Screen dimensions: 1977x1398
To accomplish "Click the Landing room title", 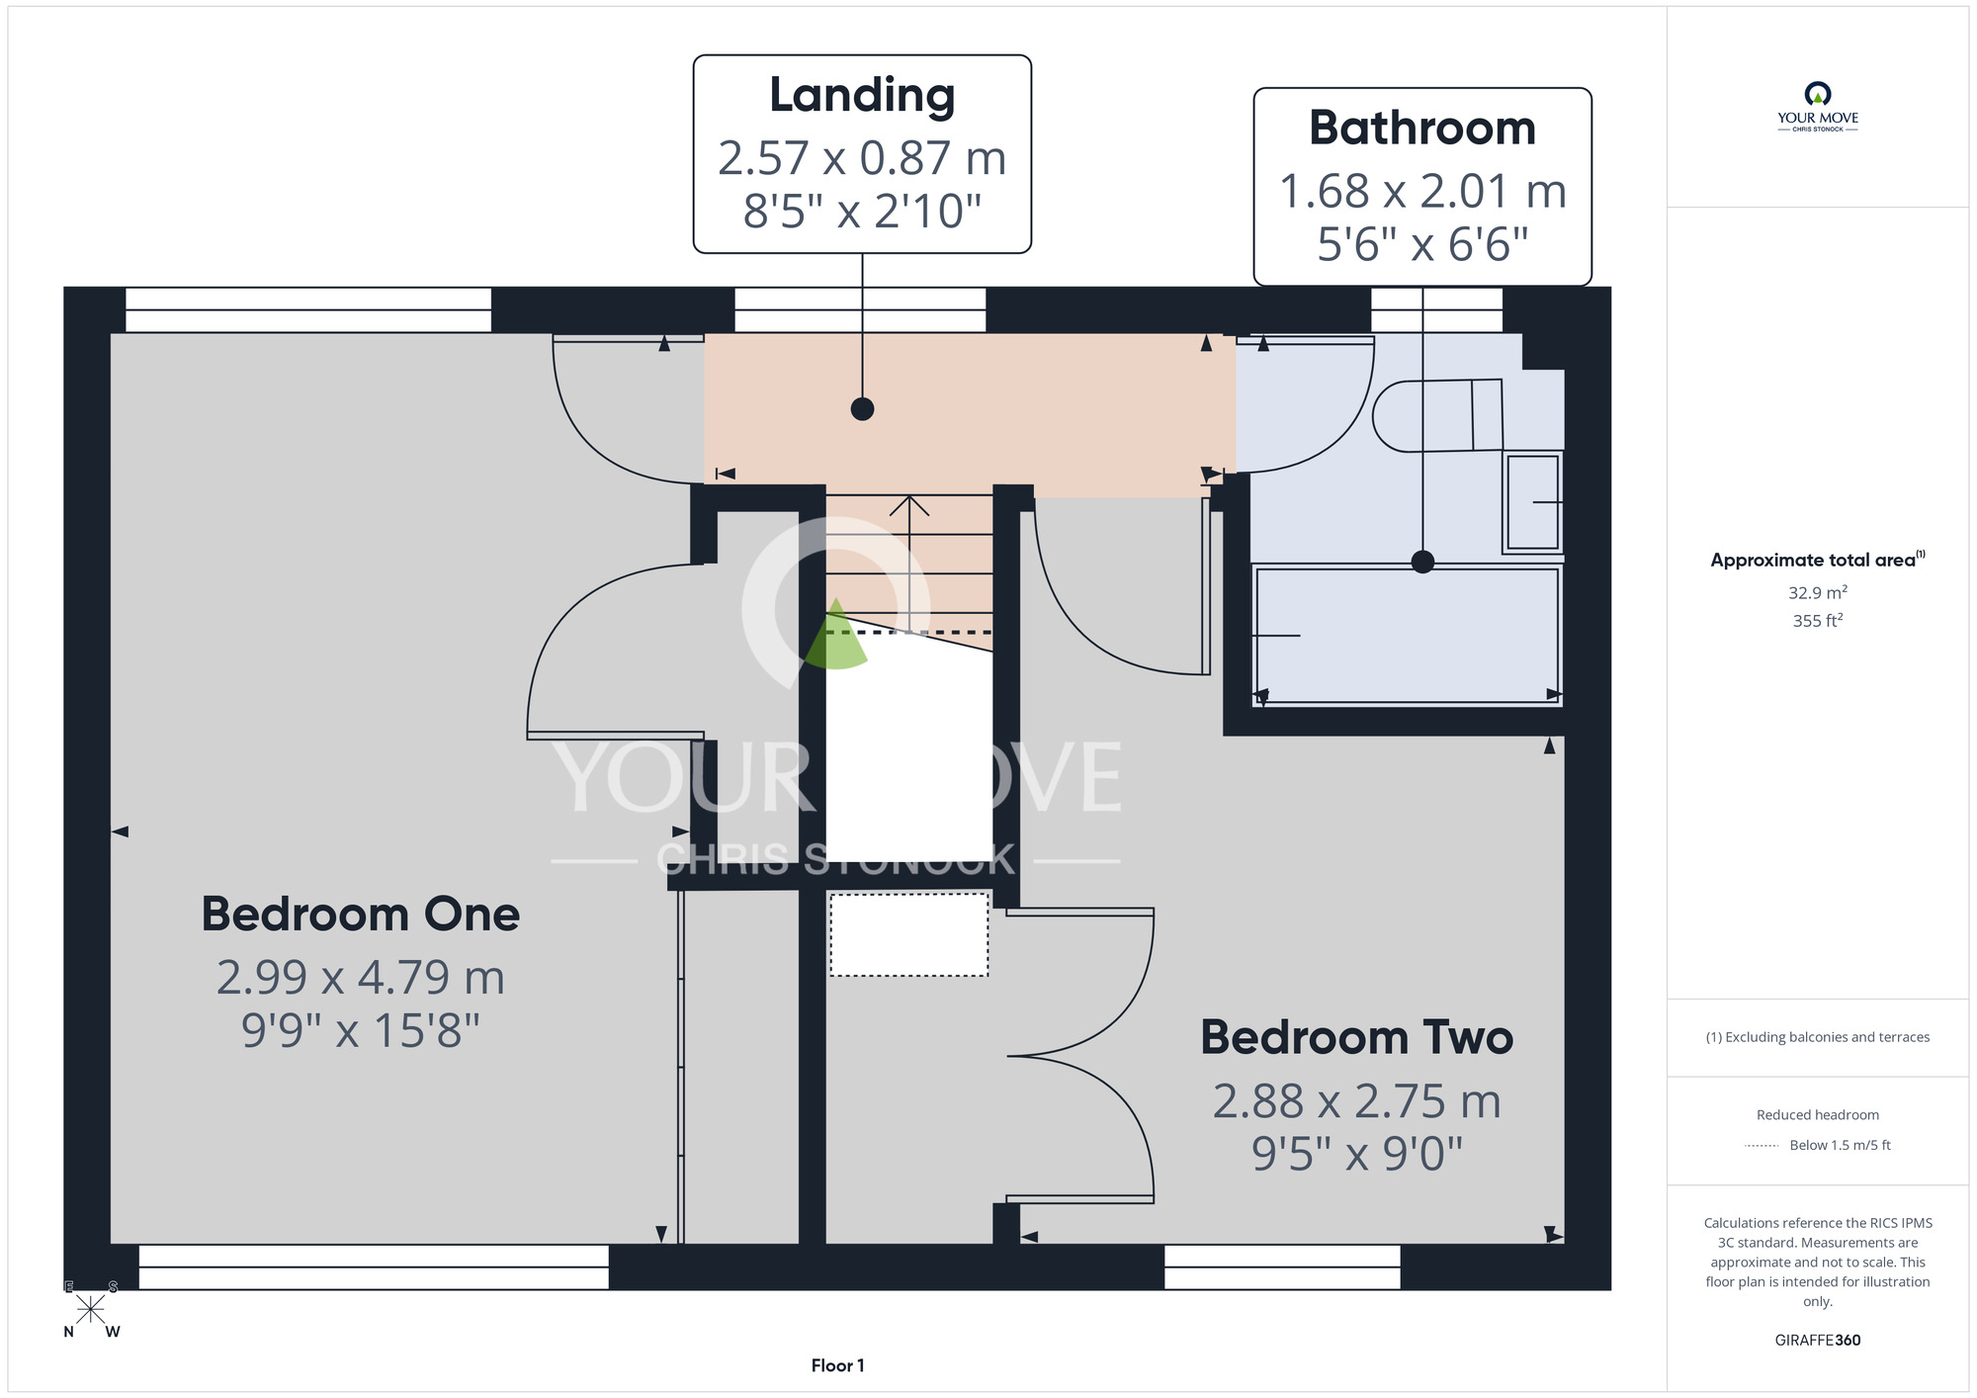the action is click(x=862, y=97).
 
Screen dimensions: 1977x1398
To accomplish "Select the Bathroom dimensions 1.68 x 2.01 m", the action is click(x=1422, y=191).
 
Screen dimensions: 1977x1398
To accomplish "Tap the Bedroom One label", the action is click(x=361, y=914).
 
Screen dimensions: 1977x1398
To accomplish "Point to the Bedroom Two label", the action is click(x=1357, y=1037).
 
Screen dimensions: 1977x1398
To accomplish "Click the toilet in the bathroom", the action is click(x=1438, y=415).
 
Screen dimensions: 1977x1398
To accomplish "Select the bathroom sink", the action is click(x=1532, y=502).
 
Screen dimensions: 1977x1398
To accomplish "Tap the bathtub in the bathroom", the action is click(x=1407, y=635).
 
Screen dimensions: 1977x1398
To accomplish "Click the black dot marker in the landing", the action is click(x=862, y=408).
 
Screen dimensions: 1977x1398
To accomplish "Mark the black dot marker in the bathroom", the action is click(x=1422, y=562).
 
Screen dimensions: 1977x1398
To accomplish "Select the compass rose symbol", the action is click(x=91, y=1309).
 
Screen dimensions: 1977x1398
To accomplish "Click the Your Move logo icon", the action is click(x=1818, y=94).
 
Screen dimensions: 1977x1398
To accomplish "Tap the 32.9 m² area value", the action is click(x=1818, y=592).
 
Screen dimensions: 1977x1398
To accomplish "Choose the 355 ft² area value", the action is click(x=1818, y=620).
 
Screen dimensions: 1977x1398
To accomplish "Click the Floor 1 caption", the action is click(x=837, y=1365).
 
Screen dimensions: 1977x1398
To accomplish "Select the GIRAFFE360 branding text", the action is click(x=1818, y=1341).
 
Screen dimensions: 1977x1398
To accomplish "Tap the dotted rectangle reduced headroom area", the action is click(x=908, y=935).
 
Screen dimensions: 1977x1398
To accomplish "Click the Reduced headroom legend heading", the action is click(x=1818, y=1115).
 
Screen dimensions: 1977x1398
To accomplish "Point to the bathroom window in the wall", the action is click(x=1436, y=310).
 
